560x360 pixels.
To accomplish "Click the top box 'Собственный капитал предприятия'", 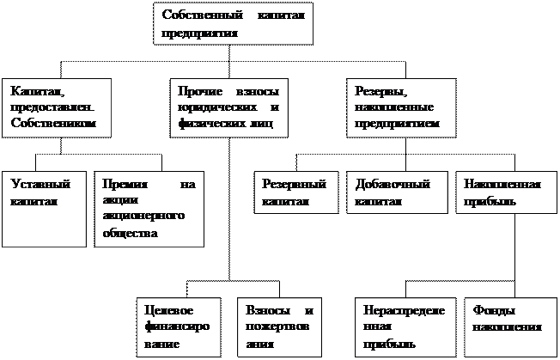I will point(233,24).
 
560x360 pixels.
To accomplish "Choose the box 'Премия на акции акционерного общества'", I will point(149,210).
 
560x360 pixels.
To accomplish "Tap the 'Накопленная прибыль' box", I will point(503,192).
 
